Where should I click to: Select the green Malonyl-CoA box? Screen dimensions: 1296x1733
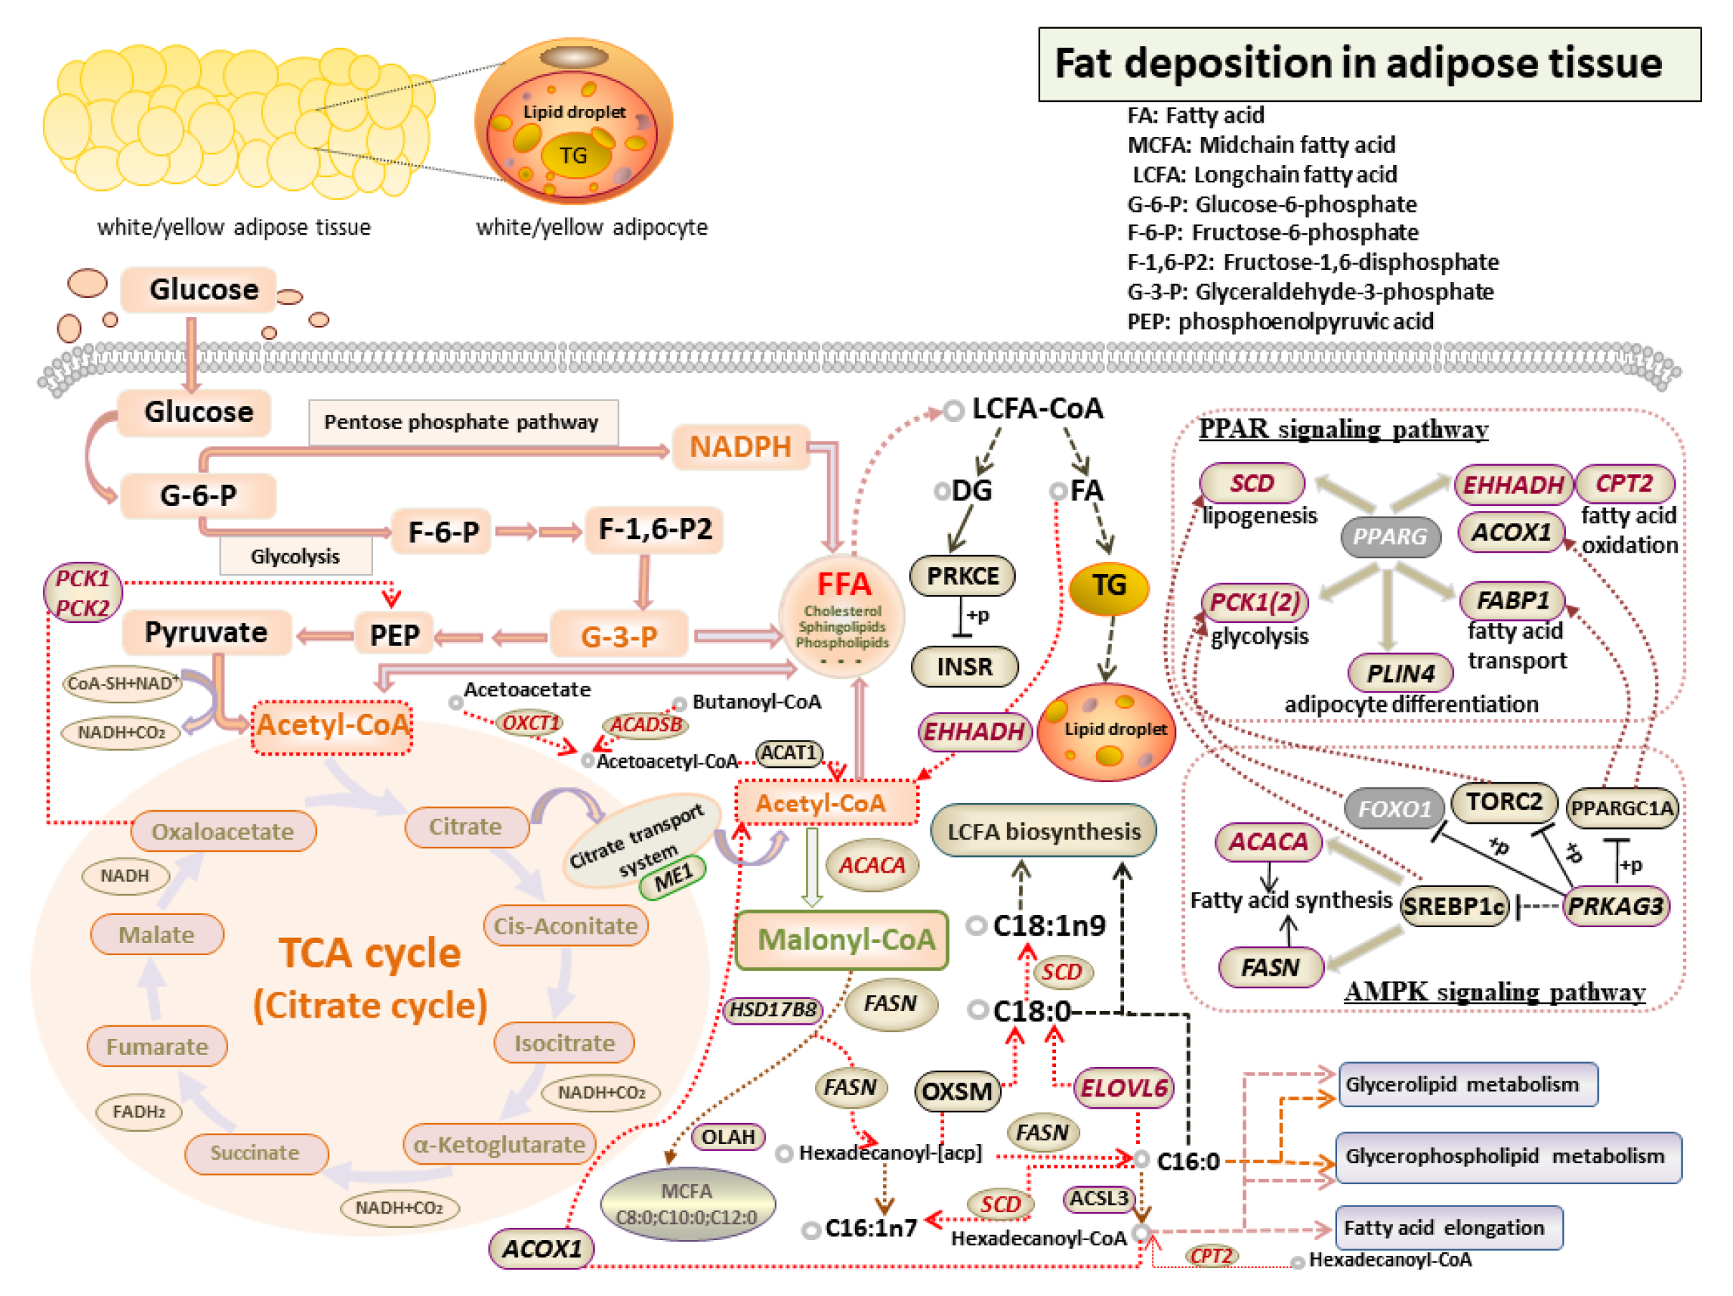[x=842, y=939]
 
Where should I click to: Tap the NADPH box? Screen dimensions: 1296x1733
[x=740, y=446]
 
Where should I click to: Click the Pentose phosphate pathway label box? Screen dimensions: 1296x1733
[x=462, y=423]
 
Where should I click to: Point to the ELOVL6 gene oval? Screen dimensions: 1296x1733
[x=1123, y=1088]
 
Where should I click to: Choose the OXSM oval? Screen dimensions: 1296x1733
[x=957, y=1091]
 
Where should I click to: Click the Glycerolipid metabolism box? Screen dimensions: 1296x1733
[x=1468, y=1084]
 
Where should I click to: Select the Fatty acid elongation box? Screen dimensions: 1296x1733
[x=1448, y=1227]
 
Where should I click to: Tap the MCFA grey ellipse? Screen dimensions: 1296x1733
[x=687, y=1203]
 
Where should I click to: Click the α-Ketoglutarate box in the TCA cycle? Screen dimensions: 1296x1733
[x=499, y=1145]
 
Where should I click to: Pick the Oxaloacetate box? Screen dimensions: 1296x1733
[x=223, y=832]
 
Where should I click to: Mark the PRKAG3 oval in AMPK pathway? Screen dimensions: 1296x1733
[x=1615, y=906]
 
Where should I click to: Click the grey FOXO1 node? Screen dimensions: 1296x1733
[x=1394, y=808]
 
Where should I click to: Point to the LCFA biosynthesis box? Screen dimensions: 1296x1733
[x=1043, y=832]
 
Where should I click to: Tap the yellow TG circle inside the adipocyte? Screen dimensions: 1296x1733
[x=574, y=155]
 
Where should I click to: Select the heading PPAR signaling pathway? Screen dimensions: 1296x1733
[x=1343, y=429]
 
